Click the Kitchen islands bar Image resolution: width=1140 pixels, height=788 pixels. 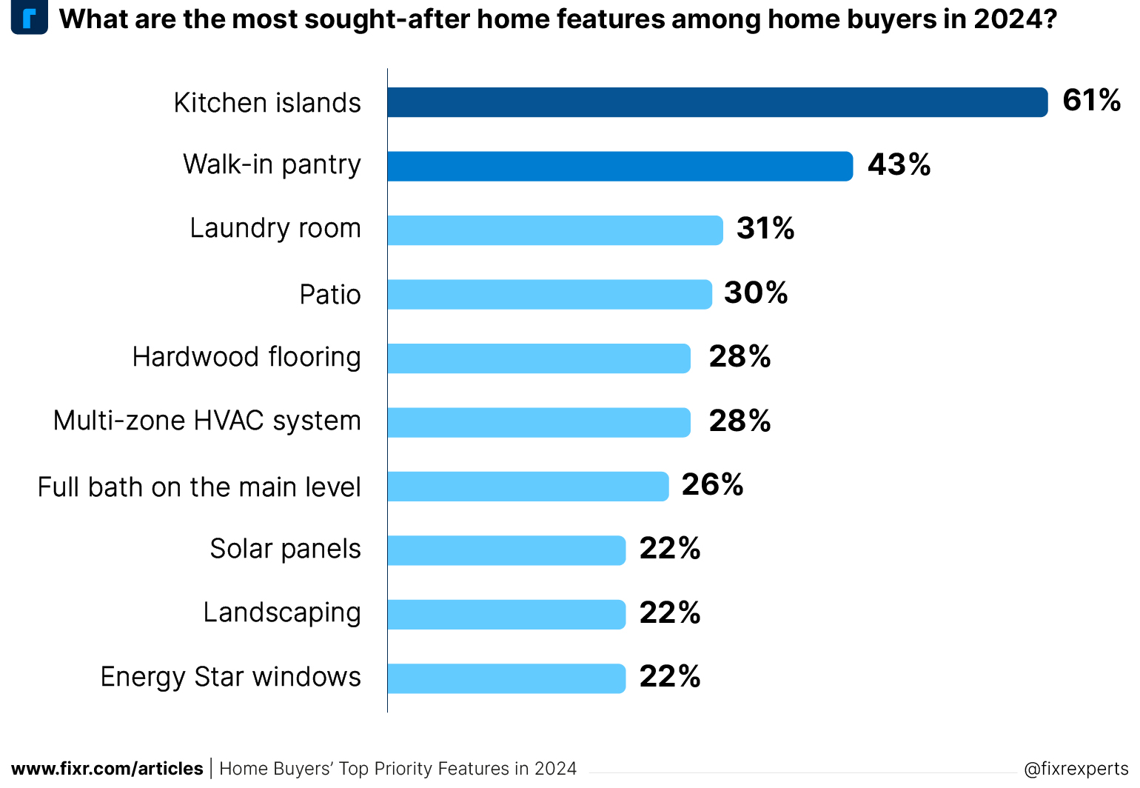tap(717, 102)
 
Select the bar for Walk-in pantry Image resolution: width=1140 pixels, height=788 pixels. tap(620, 166)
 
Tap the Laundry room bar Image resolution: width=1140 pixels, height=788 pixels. tap(554, 230)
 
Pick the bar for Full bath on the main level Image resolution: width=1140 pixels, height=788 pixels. tap(528, 487)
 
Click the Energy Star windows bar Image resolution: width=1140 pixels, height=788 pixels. tap(506, 678)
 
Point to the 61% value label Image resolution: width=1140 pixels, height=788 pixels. tap(1091, 100)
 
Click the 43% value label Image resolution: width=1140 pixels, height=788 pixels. tap(899, 164)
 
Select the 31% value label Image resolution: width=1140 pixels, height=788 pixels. tap(765, 228)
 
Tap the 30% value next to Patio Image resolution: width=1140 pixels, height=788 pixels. tap(756, 293)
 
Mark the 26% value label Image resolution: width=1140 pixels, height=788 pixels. tap(712, 484)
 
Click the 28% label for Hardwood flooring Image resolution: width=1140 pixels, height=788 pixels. tap(740, 356)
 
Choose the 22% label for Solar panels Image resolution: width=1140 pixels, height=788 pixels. tap(670, 549)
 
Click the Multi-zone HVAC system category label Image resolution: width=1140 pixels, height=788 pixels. tap(207, 421)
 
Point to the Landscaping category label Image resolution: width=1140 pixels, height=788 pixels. tap(282, 613)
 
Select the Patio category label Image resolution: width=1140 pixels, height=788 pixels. tap(330, 295)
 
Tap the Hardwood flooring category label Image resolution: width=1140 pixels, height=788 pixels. tap(247, 357)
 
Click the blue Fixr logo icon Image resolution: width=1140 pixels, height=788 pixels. tap(30, 18)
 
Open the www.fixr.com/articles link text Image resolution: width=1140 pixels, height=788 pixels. tap(107, 769)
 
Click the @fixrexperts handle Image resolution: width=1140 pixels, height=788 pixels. tap(1076, 769)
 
